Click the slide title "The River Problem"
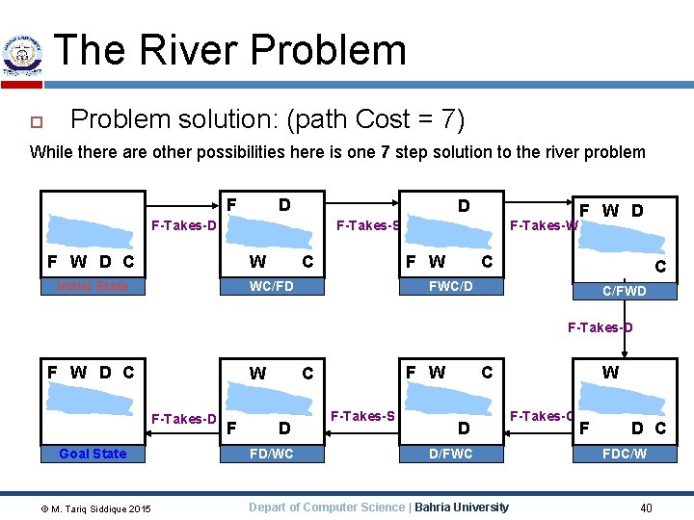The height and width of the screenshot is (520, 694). (230, 50)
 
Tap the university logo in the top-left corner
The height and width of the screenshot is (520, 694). (22, 56)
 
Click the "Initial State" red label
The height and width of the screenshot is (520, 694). (93, 286)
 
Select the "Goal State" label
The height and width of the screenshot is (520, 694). (93, 454)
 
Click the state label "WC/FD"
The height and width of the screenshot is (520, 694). (271, 286)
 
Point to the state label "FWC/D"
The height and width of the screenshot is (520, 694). (450, 286)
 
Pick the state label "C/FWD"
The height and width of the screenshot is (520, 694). (625, 291)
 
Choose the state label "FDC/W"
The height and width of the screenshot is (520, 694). (625, 454)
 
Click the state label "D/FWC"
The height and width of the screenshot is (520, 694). (450, 454)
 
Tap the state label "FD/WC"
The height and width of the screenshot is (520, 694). (271, 454)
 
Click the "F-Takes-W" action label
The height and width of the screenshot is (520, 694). (544, 226)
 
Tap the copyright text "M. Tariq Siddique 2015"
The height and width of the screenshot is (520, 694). (90, 507)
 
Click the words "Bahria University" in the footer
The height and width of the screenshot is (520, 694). (461, 507)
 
